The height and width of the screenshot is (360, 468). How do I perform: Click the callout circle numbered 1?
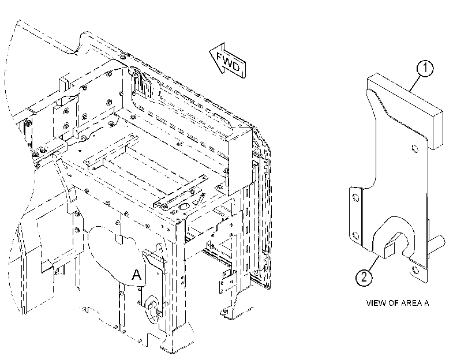pos(425,68)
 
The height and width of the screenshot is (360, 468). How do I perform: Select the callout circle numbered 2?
pos(364,277)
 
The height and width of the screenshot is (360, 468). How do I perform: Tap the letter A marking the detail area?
pos(136,275)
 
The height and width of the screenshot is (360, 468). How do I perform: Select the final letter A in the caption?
pos(426,303)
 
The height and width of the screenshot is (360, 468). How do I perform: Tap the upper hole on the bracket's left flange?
pos(355,198)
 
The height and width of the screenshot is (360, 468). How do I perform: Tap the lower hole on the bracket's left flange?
pos(355,236)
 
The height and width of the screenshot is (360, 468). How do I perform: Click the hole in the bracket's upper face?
pos(415,148)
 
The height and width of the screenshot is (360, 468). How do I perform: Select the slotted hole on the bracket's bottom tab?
pos(415,270)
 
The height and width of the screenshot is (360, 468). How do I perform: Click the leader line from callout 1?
pos(415,83)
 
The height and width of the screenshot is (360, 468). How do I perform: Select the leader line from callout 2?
pos(374,262)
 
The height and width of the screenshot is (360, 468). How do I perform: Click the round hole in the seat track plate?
pos(184,206)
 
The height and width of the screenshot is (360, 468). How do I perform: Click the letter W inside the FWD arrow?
pos(227,62)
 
